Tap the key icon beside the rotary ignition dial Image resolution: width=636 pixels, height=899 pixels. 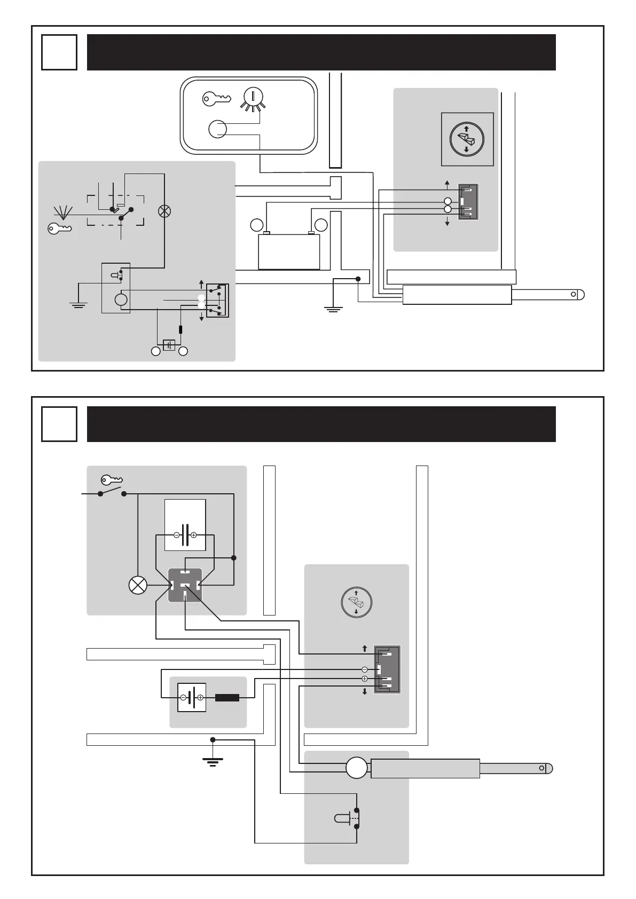(x=216, y=98)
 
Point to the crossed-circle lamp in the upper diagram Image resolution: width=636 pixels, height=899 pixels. (x=164, y=211)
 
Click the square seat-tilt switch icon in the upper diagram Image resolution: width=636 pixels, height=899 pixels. (x=467, y=139)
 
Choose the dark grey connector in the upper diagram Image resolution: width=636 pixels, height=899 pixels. (x=468, y=202)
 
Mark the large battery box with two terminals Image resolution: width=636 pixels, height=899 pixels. (x=289, y=251)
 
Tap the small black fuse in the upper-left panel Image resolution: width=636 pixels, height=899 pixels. (x=181, y=329)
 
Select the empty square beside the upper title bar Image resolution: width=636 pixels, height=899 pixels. (x=59, y=52)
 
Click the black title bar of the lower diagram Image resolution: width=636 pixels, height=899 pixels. (x=321, y=424)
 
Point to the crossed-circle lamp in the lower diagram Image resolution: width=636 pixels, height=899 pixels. (x=138, y=586)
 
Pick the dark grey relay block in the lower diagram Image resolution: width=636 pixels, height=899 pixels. (x=185, y=585)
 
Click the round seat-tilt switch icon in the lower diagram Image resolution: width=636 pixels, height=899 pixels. (x=356, y=602)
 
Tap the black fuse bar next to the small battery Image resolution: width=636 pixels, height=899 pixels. (x=227, y=697)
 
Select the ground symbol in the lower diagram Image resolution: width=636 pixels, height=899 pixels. (x=213, y=759)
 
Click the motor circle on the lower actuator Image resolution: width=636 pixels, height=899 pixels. (x=357, y=769)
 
